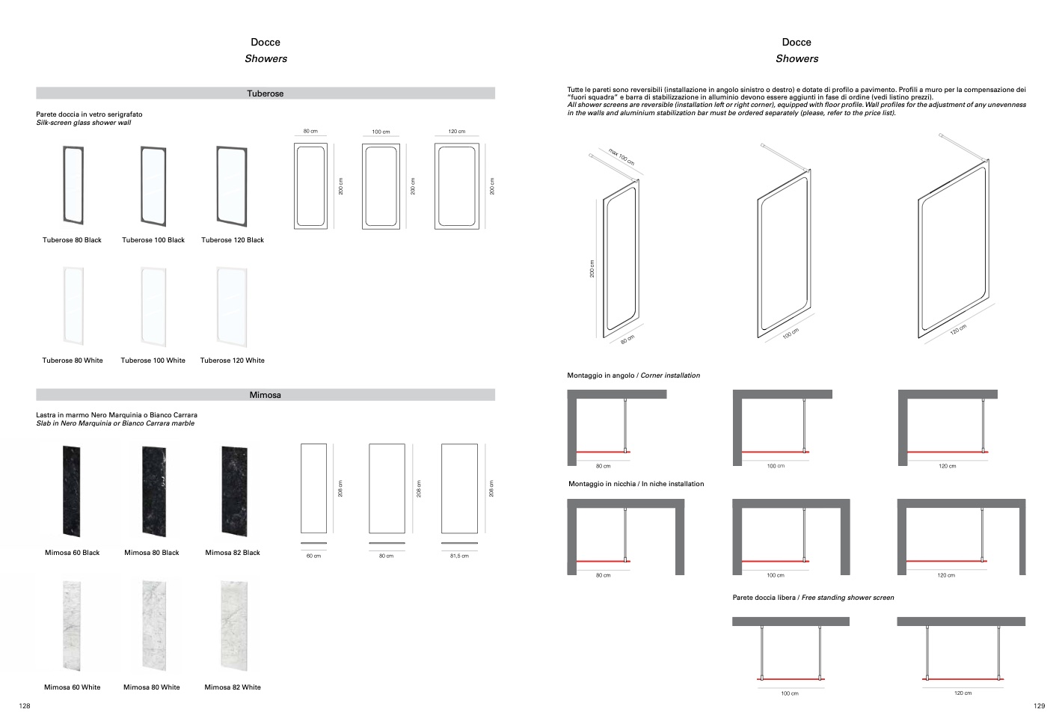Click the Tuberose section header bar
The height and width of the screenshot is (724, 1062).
click(x=265, y=93)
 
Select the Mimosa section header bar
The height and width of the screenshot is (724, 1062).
click(x=265, y=395)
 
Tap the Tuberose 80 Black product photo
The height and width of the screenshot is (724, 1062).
click(x=73, y=185)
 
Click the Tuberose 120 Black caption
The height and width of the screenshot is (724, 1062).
click(x=233, y=240)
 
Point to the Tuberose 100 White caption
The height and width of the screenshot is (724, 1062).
click(x=153, y=361)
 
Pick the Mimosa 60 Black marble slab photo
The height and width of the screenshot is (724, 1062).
click(x=72, y=491)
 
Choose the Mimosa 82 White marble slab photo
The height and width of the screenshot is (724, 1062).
click(x=233, y=625)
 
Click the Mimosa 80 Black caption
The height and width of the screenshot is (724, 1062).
click(x=152, y=553)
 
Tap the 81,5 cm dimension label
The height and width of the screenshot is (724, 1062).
click(x=459, y=556)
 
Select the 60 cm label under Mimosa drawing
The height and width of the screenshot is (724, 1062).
click(x=313, y=556)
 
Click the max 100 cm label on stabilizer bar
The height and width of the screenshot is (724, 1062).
click(x=621, y=157)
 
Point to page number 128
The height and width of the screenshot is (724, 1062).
click(x=25, y=706)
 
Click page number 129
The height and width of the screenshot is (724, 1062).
click(x=1039, y=706)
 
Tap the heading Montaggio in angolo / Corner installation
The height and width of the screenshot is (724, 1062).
click(x=633, y=375)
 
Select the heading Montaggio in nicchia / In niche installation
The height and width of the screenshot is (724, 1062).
click(x=636, y=484)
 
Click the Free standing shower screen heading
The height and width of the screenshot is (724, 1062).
click(x=813, y=598)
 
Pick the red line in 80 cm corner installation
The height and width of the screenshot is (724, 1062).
click(x=603, y=452)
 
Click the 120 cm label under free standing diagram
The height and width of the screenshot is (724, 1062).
click(x=963, y=693)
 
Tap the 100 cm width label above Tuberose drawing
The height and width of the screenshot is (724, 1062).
click(x=381, y=132)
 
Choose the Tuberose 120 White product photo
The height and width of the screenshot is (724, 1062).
click(x=232, y=306)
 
